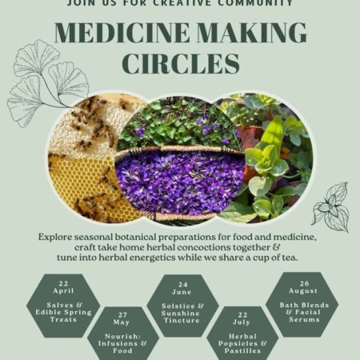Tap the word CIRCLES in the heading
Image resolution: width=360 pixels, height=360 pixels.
click(x=181, y=64)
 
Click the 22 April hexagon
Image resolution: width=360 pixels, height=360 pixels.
click(x=63, y=306)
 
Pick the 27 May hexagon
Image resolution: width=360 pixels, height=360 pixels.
click(x=123, y=334)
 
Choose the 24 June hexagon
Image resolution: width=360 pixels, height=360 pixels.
click(x=182, y=306)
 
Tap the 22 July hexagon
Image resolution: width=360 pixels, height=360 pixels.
click(x=242, y=334)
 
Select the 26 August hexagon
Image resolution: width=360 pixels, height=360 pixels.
click(x=302, y=305)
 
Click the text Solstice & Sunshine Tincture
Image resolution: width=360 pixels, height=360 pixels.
click(x=182, y=313)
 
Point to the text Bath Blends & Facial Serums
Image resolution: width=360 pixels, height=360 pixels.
click(x=304, y=312)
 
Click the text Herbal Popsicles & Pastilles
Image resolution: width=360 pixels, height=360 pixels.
click(x=242, y=343)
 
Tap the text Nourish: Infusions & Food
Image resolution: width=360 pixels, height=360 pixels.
click(x=122, y=343)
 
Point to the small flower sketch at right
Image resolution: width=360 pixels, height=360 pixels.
click(x=331, y=206)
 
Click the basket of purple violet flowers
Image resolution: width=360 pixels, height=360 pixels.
click(x=180, y=183)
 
